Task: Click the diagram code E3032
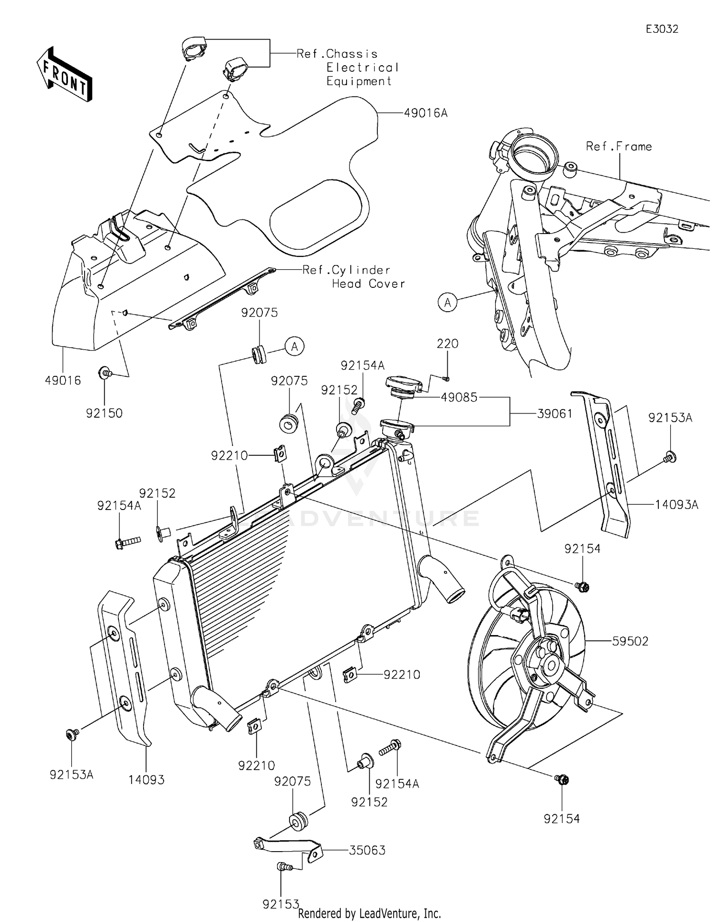(662, 29)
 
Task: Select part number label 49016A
(426, 113)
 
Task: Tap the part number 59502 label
(630, 641)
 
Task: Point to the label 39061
(555, 413)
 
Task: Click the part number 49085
(459, 397)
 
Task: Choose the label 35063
(367, 850)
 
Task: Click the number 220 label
(447, 343)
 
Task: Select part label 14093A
(677, 505)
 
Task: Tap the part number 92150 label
(104, 413)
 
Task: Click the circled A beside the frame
(448, 302)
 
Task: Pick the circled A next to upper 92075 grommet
(295, 346)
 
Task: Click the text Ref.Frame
(619, 147)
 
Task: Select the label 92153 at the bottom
(281, 904)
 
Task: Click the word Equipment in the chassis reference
(359, 81)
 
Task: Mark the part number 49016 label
(63, 381)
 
